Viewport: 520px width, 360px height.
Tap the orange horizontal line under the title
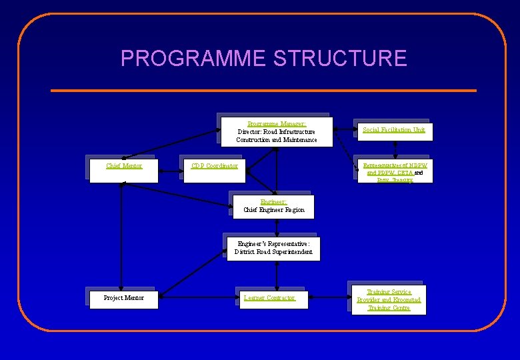coord(263,90)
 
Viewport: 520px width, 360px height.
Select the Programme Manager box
coord(276,131)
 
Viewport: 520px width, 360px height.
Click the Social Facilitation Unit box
coord(393,131)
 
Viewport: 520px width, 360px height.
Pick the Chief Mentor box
coord(124,169)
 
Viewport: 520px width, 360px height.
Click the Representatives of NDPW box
coord(393,171)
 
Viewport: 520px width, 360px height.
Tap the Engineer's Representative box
coord(273,248)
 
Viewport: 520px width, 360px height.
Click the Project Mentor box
coord(123,298)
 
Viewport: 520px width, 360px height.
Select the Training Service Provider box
coord(389,300)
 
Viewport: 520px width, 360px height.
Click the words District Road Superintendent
coord(273,252)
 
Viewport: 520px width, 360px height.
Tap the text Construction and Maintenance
coord(276,140)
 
